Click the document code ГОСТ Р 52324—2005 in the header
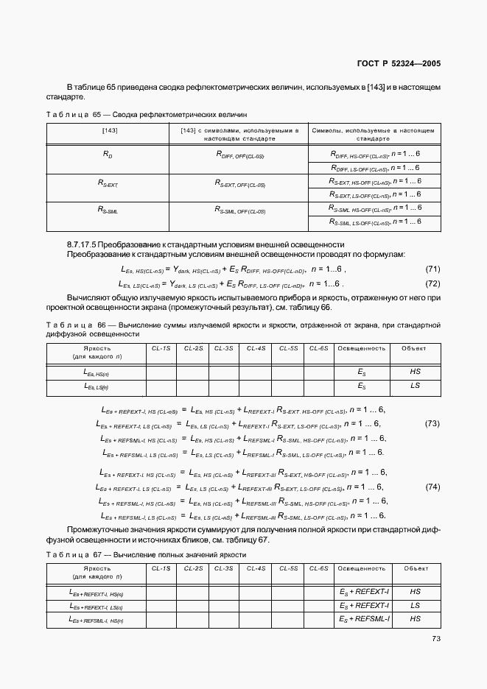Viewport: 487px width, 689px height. click(399, 63)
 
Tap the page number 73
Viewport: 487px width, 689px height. click(435, 639)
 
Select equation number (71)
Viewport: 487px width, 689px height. click(433, 270)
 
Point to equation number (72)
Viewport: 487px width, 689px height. click(433, 283)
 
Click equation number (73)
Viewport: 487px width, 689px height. click(433, 423)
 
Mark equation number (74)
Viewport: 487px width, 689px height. click(433, 487)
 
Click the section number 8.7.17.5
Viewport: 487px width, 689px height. click(89, 244)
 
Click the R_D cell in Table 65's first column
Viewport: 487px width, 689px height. click(108, 155)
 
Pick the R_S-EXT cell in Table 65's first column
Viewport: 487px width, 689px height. click(108, 183)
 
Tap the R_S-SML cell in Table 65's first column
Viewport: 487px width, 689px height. click(108, 209)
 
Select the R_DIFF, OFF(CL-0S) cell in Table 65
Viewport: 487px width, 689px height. click(240, 155)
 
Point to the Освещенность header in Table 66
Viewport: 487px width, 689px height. click(361, 348)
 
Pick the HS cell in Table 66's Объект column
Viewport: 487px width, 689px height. click(415, 372)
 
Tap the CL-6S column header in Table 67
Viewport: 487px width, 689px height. click(319, 568)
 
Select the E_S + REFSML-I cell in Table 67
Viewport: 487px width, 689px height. click(365, 619)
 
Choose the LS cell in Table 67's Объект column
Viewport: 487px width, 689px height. click(415, 606)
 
